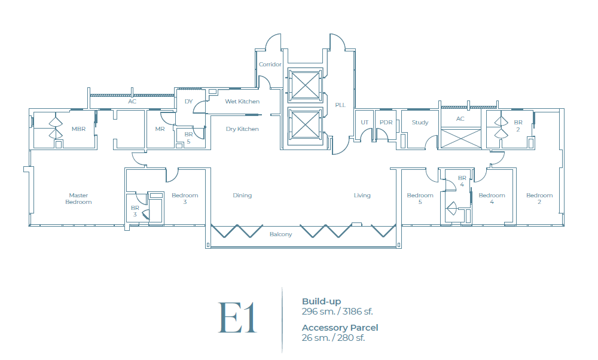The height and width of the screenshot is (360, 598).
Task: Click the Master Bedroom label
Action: click(78, 199)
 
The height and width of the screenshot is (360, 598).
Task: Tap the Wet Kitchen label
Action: click(242, 102)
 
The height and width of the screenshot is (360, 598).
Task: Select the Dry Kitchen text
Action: click(242, 129)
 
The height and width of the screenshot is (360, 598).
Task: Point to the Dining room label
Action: click(242, 196)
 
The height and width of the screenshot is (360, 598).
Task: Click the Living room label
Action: click(362, 196)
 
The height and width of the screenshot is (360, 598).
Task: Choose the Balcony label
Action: click(280, 234)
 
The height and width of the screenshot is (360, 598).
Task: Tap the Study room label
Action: click(420, 123)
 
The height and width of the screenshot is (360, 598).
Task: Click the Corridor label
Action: click(270, 65)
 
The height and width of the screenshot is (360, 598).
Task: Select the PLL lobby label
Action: click(340, 105)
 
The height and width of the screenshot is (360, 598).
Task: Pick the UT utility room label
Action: click(364, 123)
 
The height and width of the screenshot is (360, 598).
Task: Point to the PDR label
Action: click(386, 123)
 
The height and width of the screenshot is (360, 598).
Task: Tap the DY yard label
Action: click(188, 102)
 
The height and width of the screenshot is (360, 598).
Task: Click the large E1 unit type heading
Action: click(237, 318)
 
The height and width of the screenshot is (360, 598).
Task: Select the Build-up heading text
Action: click(321, 301)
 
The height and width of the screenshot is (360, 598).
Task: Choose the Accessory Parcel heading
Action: click(340, 328)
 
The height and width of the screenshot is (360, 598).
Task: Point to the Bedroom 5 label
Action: click(420, 199)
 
